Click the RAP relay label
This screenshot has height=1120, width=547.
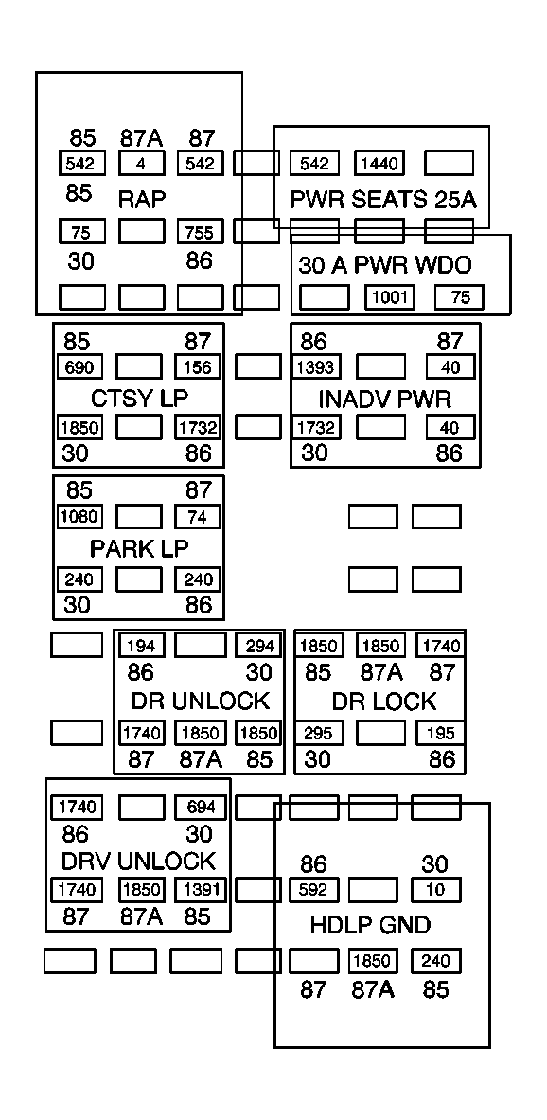(142, 200)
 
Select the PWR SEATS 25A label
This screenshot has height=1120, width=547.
(382, 200)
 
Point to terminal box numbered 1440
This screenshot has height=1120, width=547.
(379, 164)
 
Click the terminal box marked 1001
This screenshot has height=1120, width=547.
(390, 297)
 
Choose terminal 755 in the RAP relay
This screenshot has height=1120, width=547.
(200, 232)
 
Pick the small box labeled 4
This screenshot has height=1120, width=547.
(141, 164)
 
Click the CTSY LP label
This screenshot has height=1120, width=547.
(138, 398)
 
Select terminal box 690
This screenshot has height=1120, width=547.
(80, 367)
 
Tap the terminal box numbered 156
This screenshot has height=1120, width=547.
(198, 367)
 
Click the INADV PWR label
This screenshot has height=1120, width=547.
(385, 398)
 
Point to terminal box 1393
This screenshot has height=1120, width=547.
(314, 367)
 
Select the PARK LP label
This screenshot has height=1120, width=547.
(139, 548)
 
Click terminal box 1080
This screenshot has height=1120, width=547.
(80, 517)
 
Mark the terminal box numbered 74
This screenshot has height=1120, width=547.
(198, 517)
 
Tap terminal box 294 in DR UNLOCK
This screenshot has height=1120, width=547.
(258, 646)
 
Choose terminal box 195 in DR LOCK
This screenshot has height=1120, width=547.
(441, 733)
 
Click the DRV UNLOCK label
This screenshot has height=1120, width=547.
(138, 862)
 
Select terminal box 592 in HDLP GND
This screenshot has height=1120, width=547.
(313, 891)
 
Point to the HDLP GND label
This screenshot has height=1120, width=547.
(370, 925)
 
